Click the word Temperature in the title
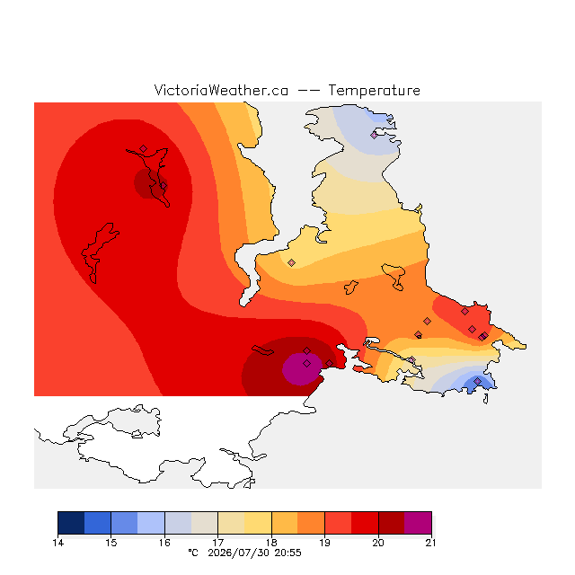[x=374, y=90]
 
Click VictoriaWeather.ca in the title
[x=221, y=90]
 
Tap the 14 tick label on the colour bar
[x=57, y=543]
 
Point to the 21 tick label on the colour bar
[x=431, y=543]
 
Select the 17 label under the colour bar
[x=217, y=543]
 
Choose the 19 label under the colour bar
[x=324, y=543]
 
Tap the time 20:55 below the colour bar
[x=287, y=553]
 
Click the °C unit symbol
[x=193, y=553]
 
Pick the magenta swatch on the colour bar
[x=418, y=523]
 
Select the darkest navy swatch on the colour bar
[x=71, y=523]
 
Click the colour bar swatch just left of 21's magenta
[x=392, y=523]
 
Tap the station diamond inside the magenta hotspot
[x=307, y=363]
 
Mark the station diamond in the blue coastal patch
[x=477, y=381]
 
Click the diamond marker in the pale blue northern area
[x=374, y=136]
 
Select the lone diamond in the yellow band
[x=291, y=262]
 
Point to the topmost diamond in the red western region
[x=144, y=148]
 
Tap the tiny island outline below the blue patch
[x=486, y=399]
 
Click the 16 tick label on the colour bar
[x=164, y=543]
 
